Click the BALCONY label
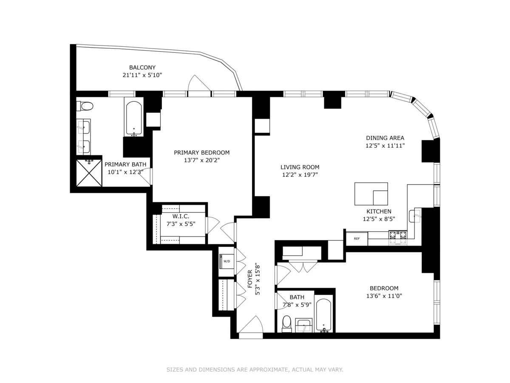(142, 67)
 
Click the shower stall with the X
(89, 173)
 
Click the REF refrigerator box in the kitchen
(357, 239)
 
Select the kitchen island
(371, 194)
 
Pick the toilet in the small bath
(286, 323)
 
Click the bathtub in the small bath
(324, 316)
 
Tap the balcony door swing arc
(199, 83)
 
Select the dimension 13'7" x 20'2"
(202, 160)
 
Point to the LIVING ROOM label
(300, 167)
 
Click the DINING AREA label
(385, 138)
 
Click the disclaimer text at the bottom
(255, 370)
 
